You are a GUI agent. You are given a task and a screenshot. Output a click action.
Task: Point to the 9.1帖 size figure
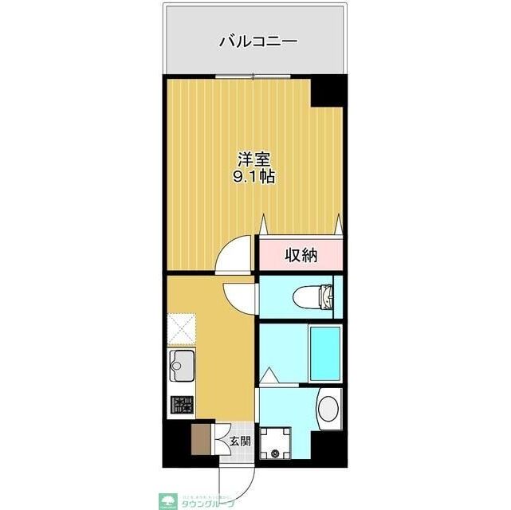[x=254, y=178]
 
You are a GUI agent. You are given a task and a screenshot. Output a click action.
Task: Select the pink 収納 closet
[x=301, y=255]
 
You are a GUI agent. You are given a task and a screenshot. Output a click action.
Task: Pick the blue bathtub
[x=325, y=352]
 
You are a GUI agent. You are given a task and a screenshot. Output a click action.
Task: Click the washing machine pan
[x=277, y=443]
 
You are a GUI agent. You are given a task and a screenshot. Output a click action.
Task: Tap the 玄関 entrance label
[x=239, y=441]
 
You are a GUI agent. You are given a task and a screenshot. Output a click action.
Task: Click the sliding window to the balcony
[x=254, y=76]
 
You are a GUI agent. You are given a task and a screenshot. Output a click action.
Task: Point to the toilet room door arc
[x=239, y=297]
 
